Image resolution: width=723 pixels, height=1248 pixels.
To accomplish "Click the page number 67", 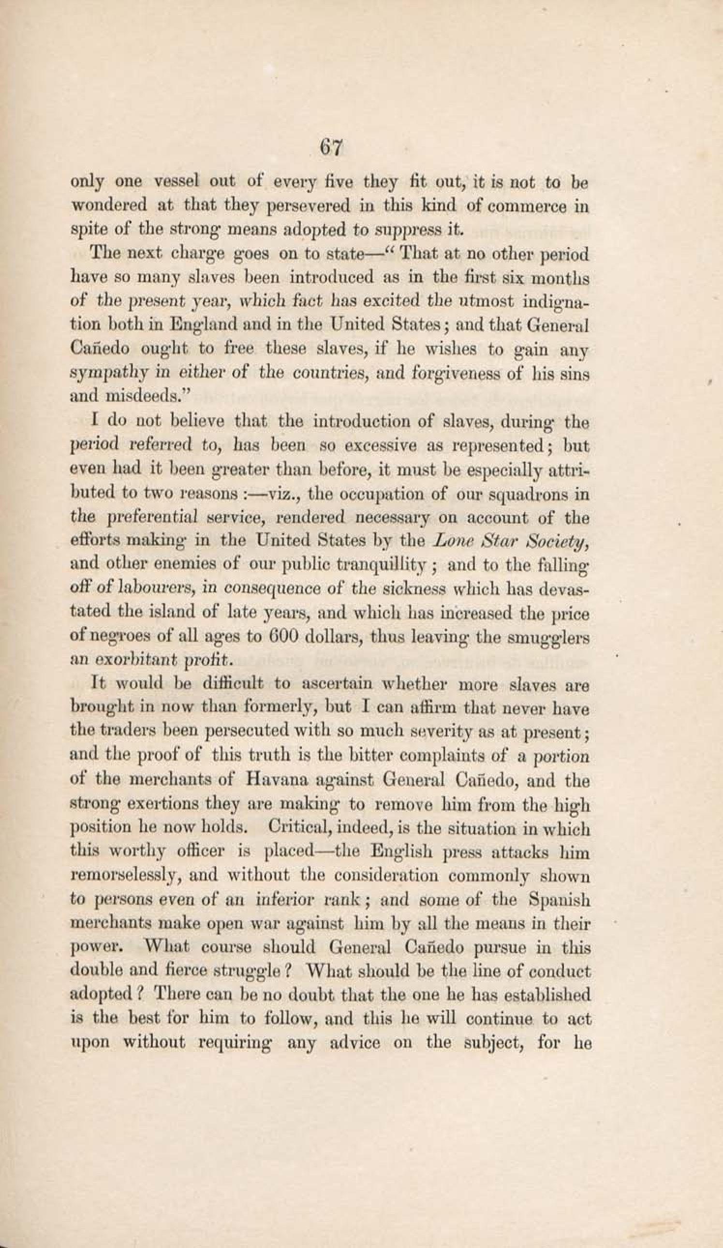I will click(x=331, y=147).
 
